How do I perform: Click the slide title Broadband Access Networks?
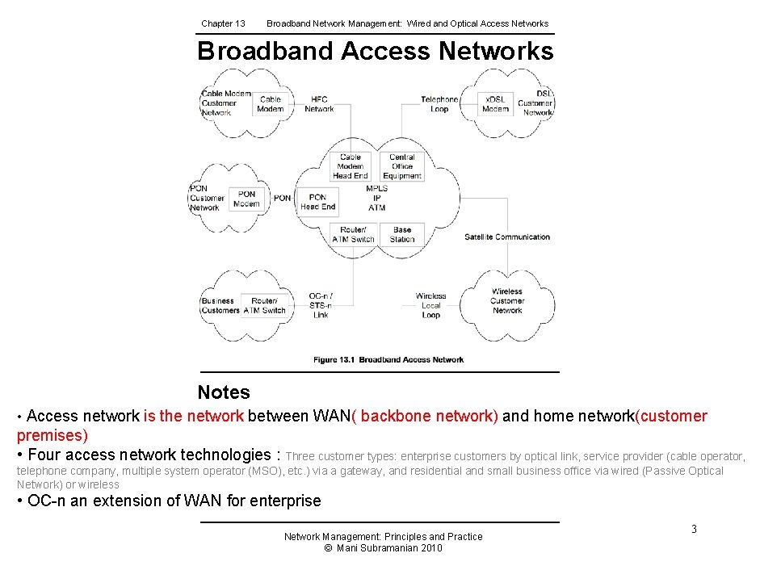(x=376, y=51)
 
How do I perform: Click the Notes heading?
(x=224, y=392)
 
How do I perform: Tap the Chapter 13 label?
(x=223, y=23)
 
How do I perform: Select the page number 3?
(x=693, y=529)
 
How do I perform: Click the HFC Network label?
(x=319, y=104)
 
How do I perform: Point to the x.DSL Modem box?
(x=495, y=104)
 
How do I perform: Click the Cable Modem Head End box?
(x=351, y=166)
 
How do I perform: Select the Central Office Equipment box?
(x=402, y=166)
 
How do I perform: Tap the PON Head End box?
(x=317, y=201)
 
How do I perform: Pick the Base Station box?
(x=402, y=234)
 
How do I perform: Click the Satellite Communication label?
(x=507, y=237)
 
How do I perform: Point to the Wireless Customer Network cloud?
(x=507, y=300)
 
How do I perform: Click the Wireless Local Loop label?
(x=430, y=305)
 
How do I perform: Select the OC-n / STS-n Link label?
(x=321, y=305)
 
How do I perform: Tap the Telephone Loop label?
(x=439, y=104)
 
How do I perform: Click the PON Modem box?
(x=246, y=199)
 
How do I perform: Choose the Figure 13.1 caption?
(x=388, y=360)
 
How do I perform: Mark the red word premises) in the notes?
(x=52, y=435)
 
